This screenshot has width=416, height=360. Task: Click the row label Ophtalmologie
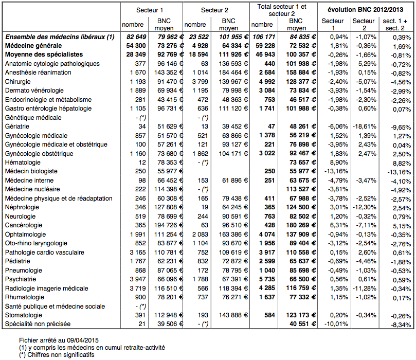click(26, 234)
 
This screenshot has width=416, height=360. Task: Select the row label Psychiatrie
click(21, 279)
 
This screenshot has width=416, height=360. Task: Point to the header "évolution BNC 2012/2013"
click(366, 10)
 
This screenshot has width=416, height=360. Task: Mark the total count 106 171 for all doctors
click(262, 37)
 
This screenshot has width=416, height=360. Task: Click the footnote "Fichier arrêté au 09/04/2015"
click(59, 340)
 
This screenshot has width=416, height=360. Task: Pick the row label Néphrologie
click(23, 207)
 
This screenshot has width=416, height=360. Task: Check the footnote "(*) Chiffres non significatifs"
click(57, 354)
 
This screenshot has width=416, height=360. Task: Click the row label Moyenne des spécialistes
click(44, 54)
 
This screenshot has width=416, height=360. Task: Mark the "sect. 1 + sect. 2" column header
click(397, 23)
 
